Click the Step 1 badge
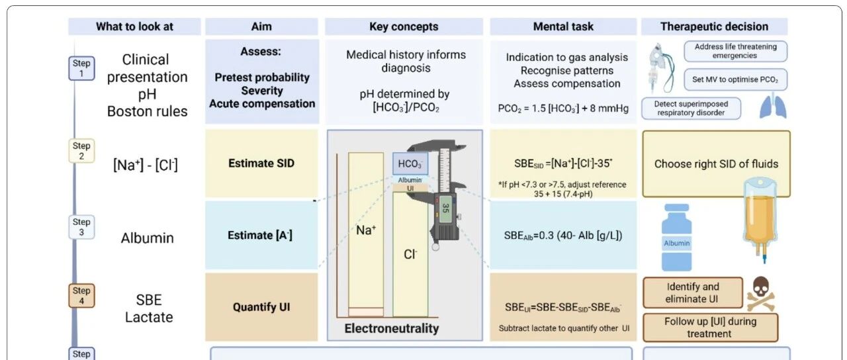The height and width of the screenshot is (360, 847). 81,68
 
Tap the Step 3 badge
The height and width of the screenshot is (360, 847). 81,227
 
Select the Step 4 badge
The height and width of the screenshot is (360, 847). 81,296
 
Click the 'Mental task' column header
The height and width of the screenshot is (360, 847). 563,26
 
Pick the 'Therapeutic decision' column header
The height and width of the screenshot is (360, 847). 714,26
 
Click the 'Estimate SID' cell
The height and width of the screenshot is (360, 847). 261,163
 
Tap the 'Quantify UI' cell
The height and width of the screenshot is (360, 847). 261,307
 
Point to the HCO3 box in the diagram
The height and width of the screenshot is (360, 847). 410,163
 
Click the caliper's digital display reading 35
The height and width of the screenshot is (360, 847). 445,208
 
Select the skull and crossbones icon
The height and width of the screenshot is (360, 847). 761,293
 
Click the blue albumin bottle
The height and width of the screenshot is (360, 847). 677,238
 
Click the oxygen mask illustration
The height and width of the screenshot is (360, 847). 660,68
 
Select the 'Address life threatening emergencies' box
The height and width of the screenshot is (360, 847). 735,51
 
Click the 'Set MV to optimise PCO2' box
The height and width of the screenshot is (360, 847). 735,79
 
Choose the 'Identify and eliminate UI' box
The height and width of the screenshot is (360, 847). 693,292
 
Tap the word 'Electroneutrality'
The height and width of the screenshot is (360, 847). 392,328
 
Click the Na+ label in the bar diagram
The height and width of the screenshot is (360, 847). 366,230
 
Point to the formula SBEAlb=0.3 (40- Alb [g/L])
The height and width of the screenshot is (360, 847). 563,236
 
